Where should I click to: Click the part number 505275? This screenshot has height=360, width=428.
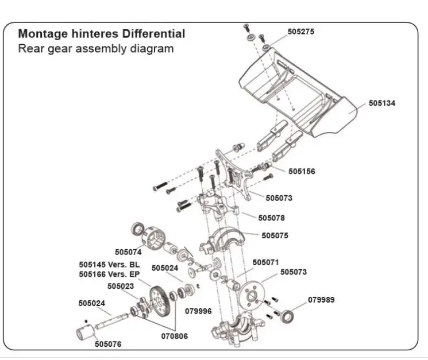301,32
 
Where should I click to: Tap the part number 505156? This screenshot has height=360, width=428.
302,171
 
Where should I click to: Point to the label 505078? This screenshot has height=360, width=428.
271,218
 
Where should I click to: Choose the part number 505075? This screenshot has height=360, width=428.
275,235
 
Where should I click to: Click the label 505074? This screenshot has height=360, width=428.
128,251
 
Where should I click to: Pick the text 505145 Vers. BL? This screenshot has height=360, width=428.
109,265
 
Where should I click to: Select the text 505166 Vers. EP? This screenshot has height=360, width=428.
109,274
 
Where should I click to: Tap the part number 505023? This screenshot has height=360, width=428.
121,286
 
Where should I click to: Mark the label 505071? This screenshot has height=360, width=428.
265,262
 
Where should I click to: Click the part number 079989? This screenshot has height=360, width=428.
321,300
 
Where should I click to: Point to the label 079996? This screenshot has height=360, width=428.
198,311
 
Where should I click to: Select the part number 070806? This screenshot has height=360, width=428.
173,336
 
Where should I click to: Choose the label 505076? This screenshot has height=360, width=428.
108,344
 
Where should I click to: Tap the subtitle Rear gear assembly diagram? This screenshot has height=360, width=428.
95,48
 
